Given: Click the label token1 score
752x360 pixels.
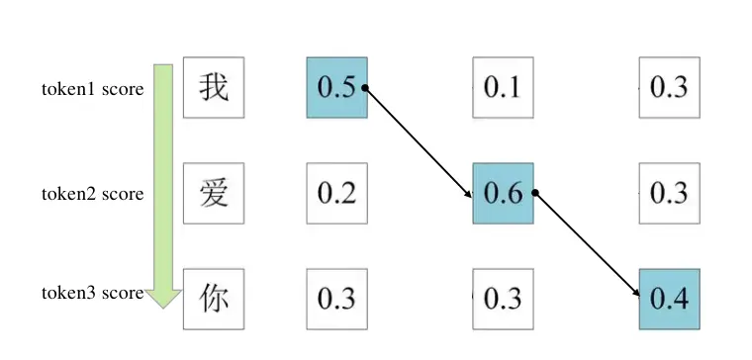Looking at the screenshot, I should click(x=92, y=89).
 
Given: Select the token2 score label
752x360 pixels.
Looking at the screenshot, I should click(x=92, y=194).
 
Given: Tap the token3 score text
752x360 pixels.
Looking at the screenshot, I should click(x=92, y=293).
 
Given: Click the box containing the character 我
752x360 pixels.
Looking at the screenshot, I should click(x=214, y=88).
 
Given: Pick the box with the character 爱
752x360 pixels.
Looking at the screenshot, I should click(x=214, y=193).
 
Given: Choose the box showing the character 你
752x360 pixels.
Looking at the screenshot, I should click(x=214, y=298).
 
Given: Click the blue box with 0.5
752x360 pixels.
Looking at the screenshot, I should click(x=336, y=88).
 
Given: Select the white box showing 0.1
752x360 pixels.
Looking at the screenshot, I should click(x=503, y=88).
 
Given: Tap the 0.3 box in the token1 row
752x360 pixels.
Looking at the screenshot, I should click(x=669, y=88).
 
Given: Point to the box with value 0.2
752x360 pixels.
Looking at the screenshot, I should click(x=336, y=193).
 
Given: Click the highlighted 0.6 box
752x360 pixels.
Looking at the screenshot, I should click(x=503, y=193).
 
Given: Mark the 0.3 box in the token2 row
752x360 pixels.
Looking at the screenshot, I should click(x=669, y=193).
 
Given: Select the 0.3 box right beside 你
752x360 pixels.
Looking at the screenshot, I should click(x=336, y=298).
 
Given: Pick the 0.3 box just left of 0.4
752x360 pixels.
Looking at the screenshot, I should click(x=503, y=298).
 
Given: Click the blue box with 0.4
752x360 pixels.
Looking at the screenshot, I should click(x=669, y=298).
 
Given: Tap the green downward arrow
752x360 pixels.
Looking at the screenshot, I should click(x=163, y=183).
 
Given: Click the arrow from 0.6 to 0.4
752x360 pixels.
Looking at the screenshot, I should click(x=587, y=244).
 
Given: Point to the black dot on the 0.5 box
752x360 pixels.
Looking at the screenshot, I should click(x=365, y=88).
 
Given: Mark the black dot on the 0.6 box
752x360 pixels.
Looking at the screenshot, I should click(x=534, y=193).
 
